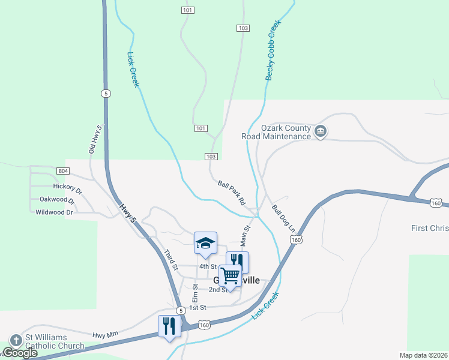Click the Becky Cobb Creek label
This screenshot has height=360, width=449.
point(274,50)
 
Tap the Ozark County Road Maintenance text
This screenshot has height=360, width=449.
point(286,132)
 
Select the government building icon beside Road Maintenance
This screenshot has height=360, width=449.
point(320,131)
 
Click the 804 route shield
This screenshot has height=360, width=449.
point(63,171)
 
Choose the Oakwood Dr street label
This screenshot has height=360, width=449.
point(57,199)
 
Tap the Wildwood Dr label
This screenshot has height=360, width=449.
point(54,212)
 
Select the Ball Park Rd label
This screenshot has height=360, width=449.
point(232,193)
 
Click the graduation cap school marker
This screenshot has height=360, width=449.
point(205,243)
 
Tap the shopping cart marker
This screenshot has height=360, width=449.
point(230,277)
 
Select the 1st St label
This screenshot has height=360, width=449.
point(197,307)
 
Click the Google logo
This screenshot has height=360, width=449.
point(20,353)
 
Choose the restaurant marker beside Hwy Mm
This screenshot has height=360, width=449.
point(169,326)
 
